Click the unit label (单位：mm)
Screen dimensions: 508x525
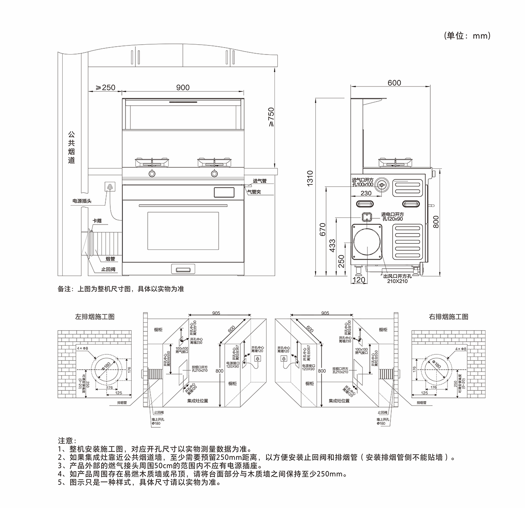point(467,36)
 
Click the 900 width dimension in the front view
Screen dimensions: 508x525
point(183,87)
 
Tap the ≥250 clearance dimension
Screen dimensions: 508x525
point(105,87)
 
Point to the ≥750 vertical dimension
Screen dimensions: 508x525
point(271,117)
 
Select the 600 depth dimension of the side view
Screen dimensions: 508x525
point(394,83)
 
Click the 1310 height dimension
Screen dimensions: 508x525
point(310,179)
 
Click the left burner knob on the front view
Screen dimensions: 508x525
point(152,174)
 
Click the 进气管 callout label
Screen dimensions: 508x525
point(260,181)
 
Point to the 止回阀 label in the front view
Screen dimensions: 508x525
point(108,270)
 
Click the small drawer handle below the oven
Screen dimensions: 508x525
point(183,269)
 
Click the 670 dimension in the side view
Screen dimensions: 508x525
point(322,229)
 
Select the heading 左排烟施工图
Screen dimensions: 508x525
point(94,317)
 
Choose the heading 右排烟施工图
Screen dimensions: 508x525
point(448,317)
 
